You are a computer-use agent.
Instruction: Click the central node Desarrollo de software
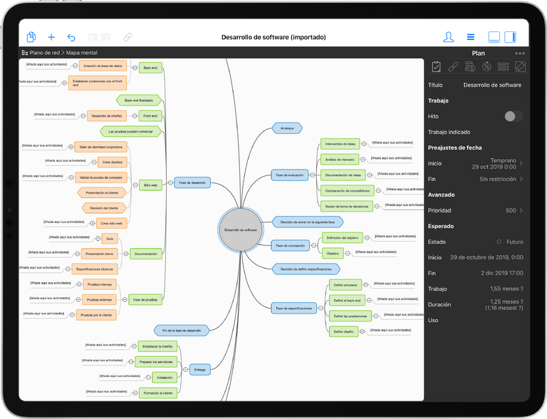click(x=240, y=229)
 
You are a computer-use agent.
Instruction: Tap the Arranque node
click(x=287, y=128)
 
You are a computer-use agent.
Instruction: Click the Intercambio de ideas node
click(x=340, y=143)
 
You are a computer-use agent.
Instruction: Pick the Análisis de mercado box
click(x=340, y=159)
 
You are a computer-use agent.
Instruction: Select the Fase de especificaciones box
click(x=293, y=309)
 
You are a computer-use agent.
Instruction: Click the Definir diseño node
click(x=344, y=331)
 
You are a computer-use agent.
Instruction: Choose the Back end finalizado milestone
click(x=139, y=100)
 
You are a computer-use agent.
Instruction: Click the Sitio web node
click(x=150, y=185)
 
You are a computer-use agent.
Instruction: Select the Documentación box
click(x=145, y=254)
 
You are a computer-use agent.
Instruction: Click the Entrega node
click(x=199, y=369)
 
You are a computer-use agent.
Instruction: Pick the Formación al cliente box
click(x=157, y=393)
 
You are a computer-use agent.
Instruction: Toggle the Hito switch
click(x=513, y=116)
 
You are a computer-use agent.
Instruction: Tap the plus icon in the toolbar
click(x=51, y=37)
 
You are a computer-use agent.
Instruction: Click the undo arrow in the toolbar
click(x=71, y=37)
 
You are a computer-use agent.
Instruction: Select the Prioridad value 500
click(x=511, y=210)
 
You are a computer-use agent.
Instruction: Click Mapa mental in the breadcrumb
click(x=82, y=53)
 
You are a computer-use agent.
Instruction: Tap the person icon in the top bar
click(x=449, y=37)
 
